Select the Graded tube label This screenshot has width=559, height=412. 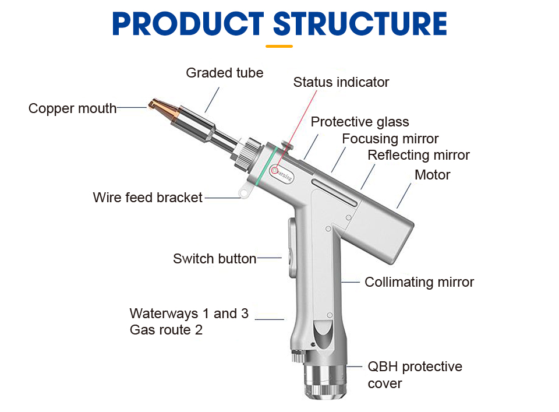(x=224, y=73)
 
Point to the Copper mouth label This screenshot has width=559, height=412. (x=72, y=108)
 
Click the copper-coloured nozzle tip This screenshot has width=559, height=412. (x=159, y=106)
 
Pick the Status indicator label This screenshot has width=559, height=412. (x=341, y=82)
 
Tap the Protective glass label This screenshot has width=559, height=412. (x=359, y=122)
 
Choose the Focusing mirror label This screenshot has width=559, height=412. (x=390, y=139)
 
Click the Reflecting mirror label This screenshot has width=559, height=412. (x=418, y=155)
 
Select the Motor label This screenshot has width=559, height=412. (x=432, y=174)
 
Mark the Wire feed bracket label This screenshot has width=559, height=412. (x=147, y=198)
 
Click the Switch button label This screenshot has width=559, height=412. (x=214, y=258)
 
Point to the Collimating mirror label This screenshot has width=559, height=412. (x=419, y=282)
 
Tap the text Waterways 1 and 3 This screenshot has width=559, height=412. (x=189, y=314)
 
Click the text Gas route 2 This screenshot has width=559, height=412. (x=166, y=330)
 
